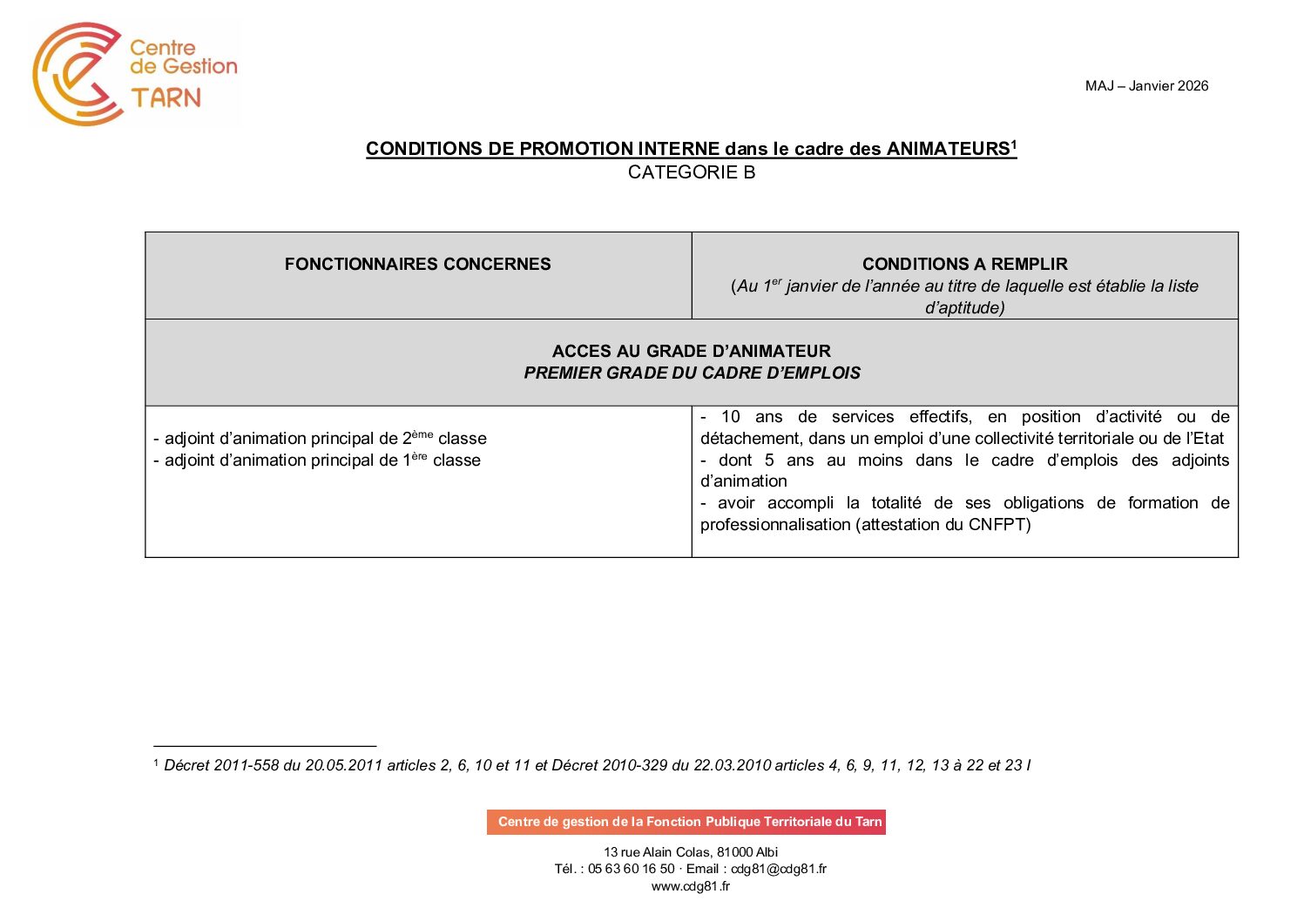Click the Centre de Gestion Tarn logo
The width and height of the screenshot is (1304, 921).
pos(135,74)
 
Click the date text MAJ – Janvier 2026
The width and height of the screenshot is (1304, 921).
pos(1146,85)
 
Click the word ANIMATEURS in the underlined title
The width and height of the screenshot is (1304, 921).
pos(948,149)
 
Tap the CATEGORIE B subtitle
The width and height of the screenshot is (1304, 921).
pos(692,172)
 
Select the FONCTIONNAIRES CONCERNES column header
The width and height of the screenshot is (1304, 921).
pos(417,264)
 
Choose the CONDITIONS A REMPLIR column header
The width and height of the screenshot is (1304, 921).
pos(964,264)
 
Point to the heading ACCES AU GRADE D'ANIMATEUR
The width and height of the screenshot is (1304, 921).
pos(692,351)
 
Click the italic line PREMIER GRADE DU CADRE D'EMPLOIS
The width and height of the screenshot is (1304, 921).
pos(692,373)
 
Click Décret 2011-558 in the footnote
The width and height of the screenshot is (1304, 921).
pos(221,765)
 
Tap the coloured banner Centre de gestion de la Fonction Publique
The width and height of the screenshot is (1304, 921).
pos(686,822)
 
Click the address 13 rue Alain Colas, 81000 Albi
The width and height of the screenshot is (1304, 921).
pos(691,852)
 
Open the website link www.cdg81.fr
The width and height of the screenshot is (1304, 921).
pos(691,886)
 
